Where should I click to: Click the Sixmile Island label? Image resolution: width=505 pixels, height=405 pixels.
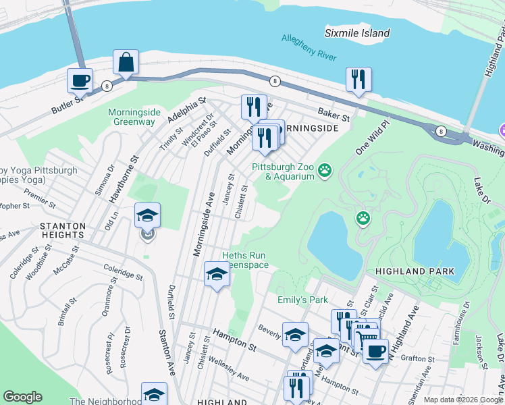click(357, 33)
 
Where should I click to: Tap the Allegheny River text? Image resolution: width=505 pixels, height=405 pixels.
click(309, 49)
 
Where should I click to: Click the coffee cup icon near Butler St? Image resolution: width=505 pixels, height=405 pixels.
click(80, 80)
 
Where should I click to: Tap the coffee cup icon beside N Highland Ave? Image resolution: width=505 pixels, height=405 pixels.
click(375, 350)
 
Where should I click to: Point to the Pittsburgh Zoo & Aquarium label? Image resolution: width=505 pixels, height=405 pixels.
click(284, 171)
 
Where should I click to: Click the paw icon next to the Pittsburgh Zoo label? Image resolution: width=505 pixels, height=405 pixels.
click(325, 170)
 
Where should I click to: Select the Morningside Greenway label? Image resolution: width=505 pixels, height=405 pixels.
click(131, 117)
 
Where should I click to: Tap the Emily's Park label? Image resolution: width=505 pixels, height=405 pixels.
click(302, 299)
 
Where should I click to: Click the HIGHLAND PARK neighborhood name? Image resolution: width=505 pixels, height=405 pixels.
click(415, 271)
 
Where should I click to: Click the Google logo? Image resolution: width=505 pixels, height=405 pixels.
click(23, 396)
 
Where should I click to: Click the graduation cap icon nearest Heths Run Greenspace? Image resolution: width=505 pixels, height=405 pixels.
click(216, 274)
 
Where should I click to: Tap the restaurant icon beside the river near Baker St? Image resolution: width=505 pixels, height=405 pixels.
click(358, 80)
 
